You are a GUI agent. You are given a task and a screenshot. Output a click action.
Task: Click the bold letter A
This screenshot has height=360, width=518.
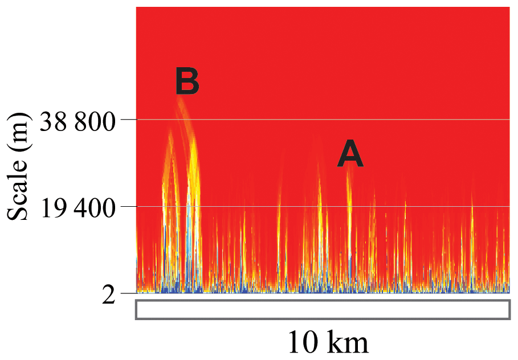point(350,155)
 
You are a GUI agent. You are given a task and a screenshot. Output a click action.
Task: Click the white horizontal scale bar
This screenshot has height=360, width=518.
point(322,309)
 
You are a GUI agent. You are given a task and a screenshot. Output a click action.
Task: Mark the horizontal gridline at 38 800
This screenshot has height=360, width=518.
point(342,120)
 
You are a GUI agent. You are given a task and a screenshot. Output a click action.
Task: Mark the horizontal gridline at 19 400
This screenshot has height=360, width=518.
point(342,206)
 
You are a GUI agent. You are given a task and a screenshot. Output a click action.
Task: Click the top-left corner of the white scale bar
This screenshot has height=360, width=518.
point(136,300)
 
